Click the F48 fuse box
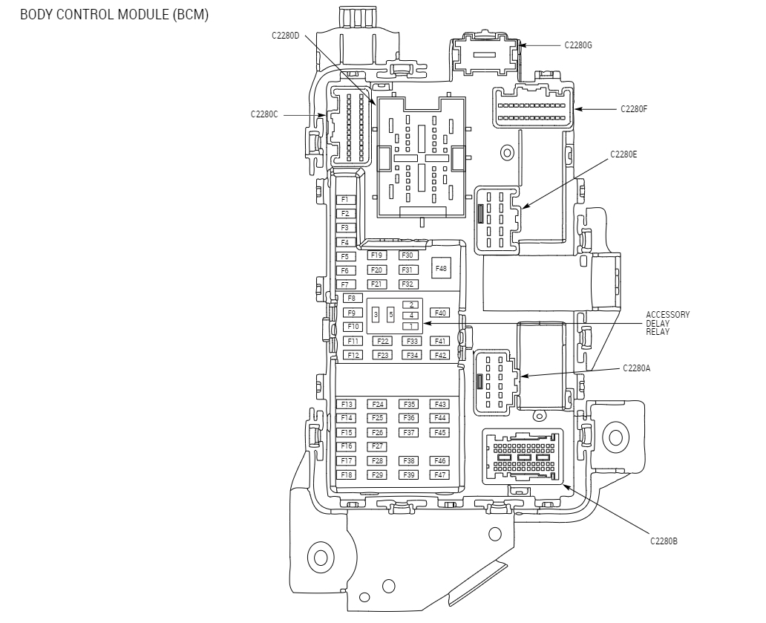click(441, 268)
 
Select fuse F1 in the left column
click(344, 200)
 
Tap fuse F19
click(376, 255)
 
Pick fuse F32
click(407, 284)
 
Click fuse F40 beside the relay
click(440, 313)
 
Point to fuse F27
click(378, 446)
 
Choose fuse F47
click(440, 474)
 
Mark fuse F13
click(347, 404)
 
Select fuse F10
click(353, 327)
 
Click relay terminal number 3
click(376, 315)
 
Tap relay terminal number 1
click(410, 326)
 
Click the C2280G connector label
click(578, 45)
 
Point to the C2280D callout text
click(285, 35)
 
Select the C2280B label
click(664, 541)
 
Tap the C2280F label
click(634, 109)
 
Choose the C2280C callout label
click(264, 114)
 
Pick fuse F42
click(440, 355)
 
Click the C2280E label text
click(623, 154)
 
